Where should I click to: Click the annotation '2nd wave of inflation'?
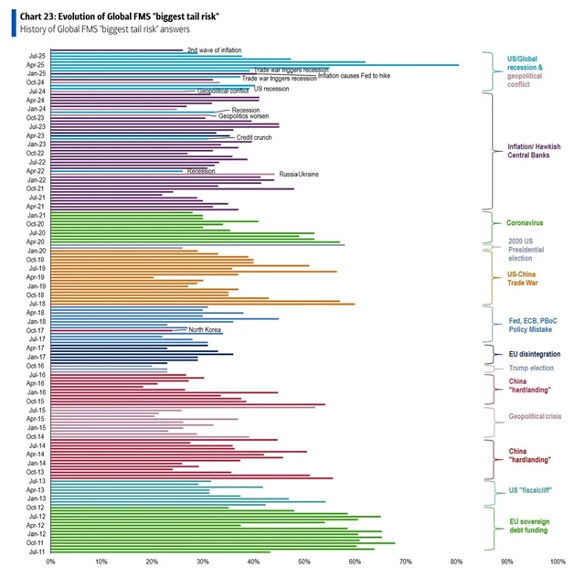click(214, 50)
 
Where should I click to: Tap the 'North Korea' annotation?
click(206, 329)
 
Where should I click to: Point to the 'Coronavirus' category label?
click(526, 222)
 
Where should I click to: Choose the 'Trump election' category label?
click(529, 368)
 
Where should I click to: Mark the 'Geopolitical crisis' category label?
click(535, 416)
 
